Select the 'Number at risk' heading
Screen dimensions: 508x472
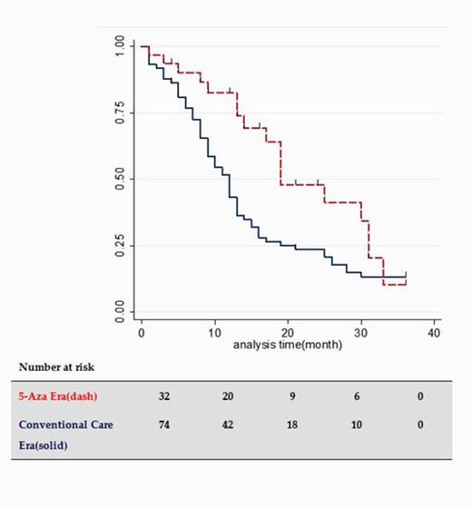[x=55, y=367]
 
